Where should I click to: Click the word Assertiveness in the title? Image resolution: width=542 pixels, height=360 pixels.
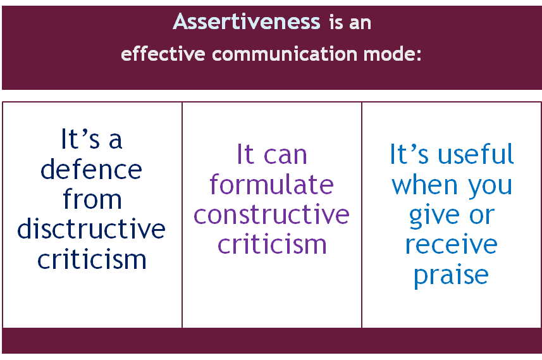247,22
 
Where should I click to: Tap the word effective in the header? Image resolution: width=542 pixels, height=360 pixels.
163,54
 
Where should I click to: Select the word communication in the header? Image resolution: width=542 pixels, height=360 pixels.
285,54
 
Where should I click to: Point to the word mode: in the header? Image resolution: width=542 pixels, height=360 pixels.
392,54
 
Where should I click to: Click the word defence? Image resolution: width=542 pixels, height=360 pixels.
91,169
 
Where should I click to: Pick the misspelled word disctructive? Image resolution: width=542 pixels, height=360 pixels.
91,228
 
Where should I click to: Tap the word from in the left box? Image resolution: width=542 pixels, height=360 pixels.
92,199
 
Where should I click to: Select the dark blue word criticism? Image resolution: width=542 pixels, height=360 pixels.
92,259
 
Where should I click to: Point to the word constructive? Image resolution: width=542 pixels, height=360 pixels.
271,214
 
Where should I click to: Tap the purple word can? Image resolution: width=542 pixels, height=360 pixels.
285,155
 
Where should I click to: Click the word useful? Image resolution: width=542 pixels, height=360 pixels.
476,154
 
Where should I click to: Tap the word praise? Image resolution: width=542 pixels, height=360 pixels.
452,276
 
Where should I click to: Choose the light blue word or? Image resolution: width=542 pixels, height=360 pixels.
482,216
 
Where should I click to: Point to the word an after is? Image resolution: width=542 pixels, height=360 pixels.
360,23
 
